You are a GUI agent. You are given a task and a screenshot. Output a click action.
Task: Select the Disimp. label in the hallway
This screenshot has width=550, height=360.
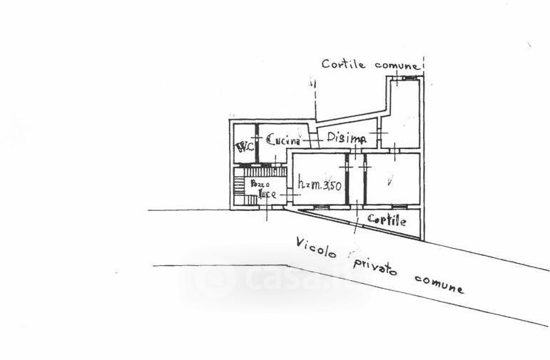coord(347,138)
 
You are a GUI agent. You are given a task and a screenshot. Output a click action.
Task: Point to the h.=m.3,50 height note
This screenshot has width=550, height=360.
coord(320,186)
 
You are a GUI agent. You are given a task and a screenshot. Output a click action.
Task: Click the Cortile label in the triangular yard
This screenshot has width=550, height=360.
coord(387,220)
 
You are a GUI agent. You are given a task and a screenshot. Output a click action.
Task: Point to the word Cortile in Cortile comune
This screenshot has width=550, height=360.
coord(344,64)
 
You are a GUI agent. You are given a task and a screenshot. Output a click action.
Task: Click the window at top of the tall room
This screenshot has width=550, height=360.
coord(409,77)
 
